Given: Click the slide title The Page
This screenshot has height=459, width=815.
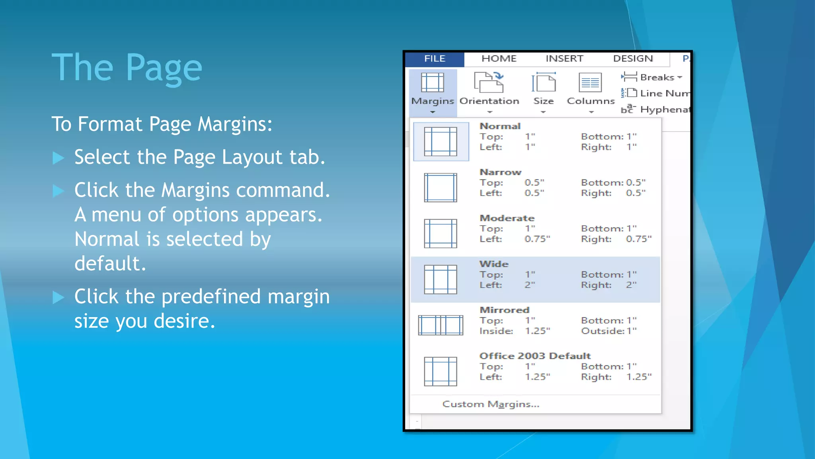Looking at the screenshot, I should pyautogui.click(x=127, y=68).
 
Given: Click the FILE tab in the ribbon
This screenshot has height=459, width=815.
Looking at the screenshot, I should pyautogui.click(x=435, y=59).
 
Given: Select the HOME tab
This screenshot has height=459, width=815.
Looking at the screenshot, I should pyautogui.click(x=499, y=59).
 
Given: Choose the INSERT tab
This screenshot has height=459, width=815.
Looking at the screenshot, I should pyautogui.click(x=564, y=59).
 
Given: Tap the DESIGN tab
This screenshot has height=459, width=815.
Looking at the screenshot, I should pyautogui.click(x=633, y=59).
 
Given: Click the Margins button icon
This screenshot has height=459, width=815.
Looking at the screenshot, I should pyautogui.click(x=433, y=83).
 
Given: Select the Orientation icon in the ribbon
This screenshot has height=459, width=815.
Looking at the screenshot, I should pyautogui.click(x=489, y=82).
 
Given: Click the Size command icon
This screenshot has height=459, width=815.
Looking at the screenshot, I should pyautogui.click(x=544, y=83).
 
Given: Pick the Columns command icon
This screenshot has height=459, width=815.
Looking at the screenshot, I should pyautogui.click(x=591, y=83).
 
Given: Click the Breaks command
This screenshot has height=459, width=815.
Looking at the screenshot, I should pyautogui.click(x=656, y=77).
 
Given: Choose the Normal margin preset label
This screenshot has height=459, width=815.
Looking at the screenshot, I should pyautogui.click(x=500, y=126).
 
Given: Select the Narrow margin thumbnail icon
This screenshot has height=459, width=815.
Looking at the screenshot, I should pyautogui.click(x=441, y=188).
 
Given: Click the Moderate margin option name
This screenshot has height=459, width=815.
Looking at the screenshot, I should pyautogui.click(x=507, y=218).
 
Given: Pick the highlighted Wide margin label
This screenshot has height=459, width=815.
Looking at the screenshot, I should pyautogui.click(x=494, y=264).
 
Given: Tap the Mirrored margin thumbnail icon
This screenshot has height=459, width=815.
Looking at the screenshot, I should pyautogui.click(x=441, y=325).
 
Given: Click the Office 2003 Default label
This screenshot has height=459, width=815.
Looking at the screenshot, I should pyautogui.click(x=535, y=356).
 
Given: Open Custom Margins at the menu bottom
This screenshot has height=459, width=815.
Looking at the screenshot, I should pyautogui.click(x=491, y=404).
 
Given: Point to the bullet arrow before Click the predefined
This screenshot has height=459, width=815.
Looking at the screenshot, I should pyautogui.click(x=58, y=297).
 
